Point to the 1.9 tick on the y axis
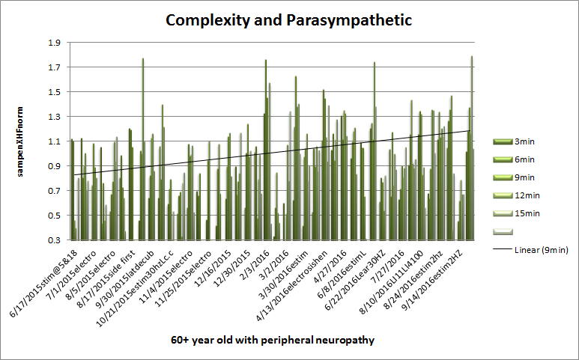[x=54, y=43]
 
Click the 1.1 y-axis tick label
[x=54, y=141]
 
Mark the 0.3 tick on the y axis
[x=54, y=240]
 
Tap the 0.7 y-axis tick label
[x=54, y=191]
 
